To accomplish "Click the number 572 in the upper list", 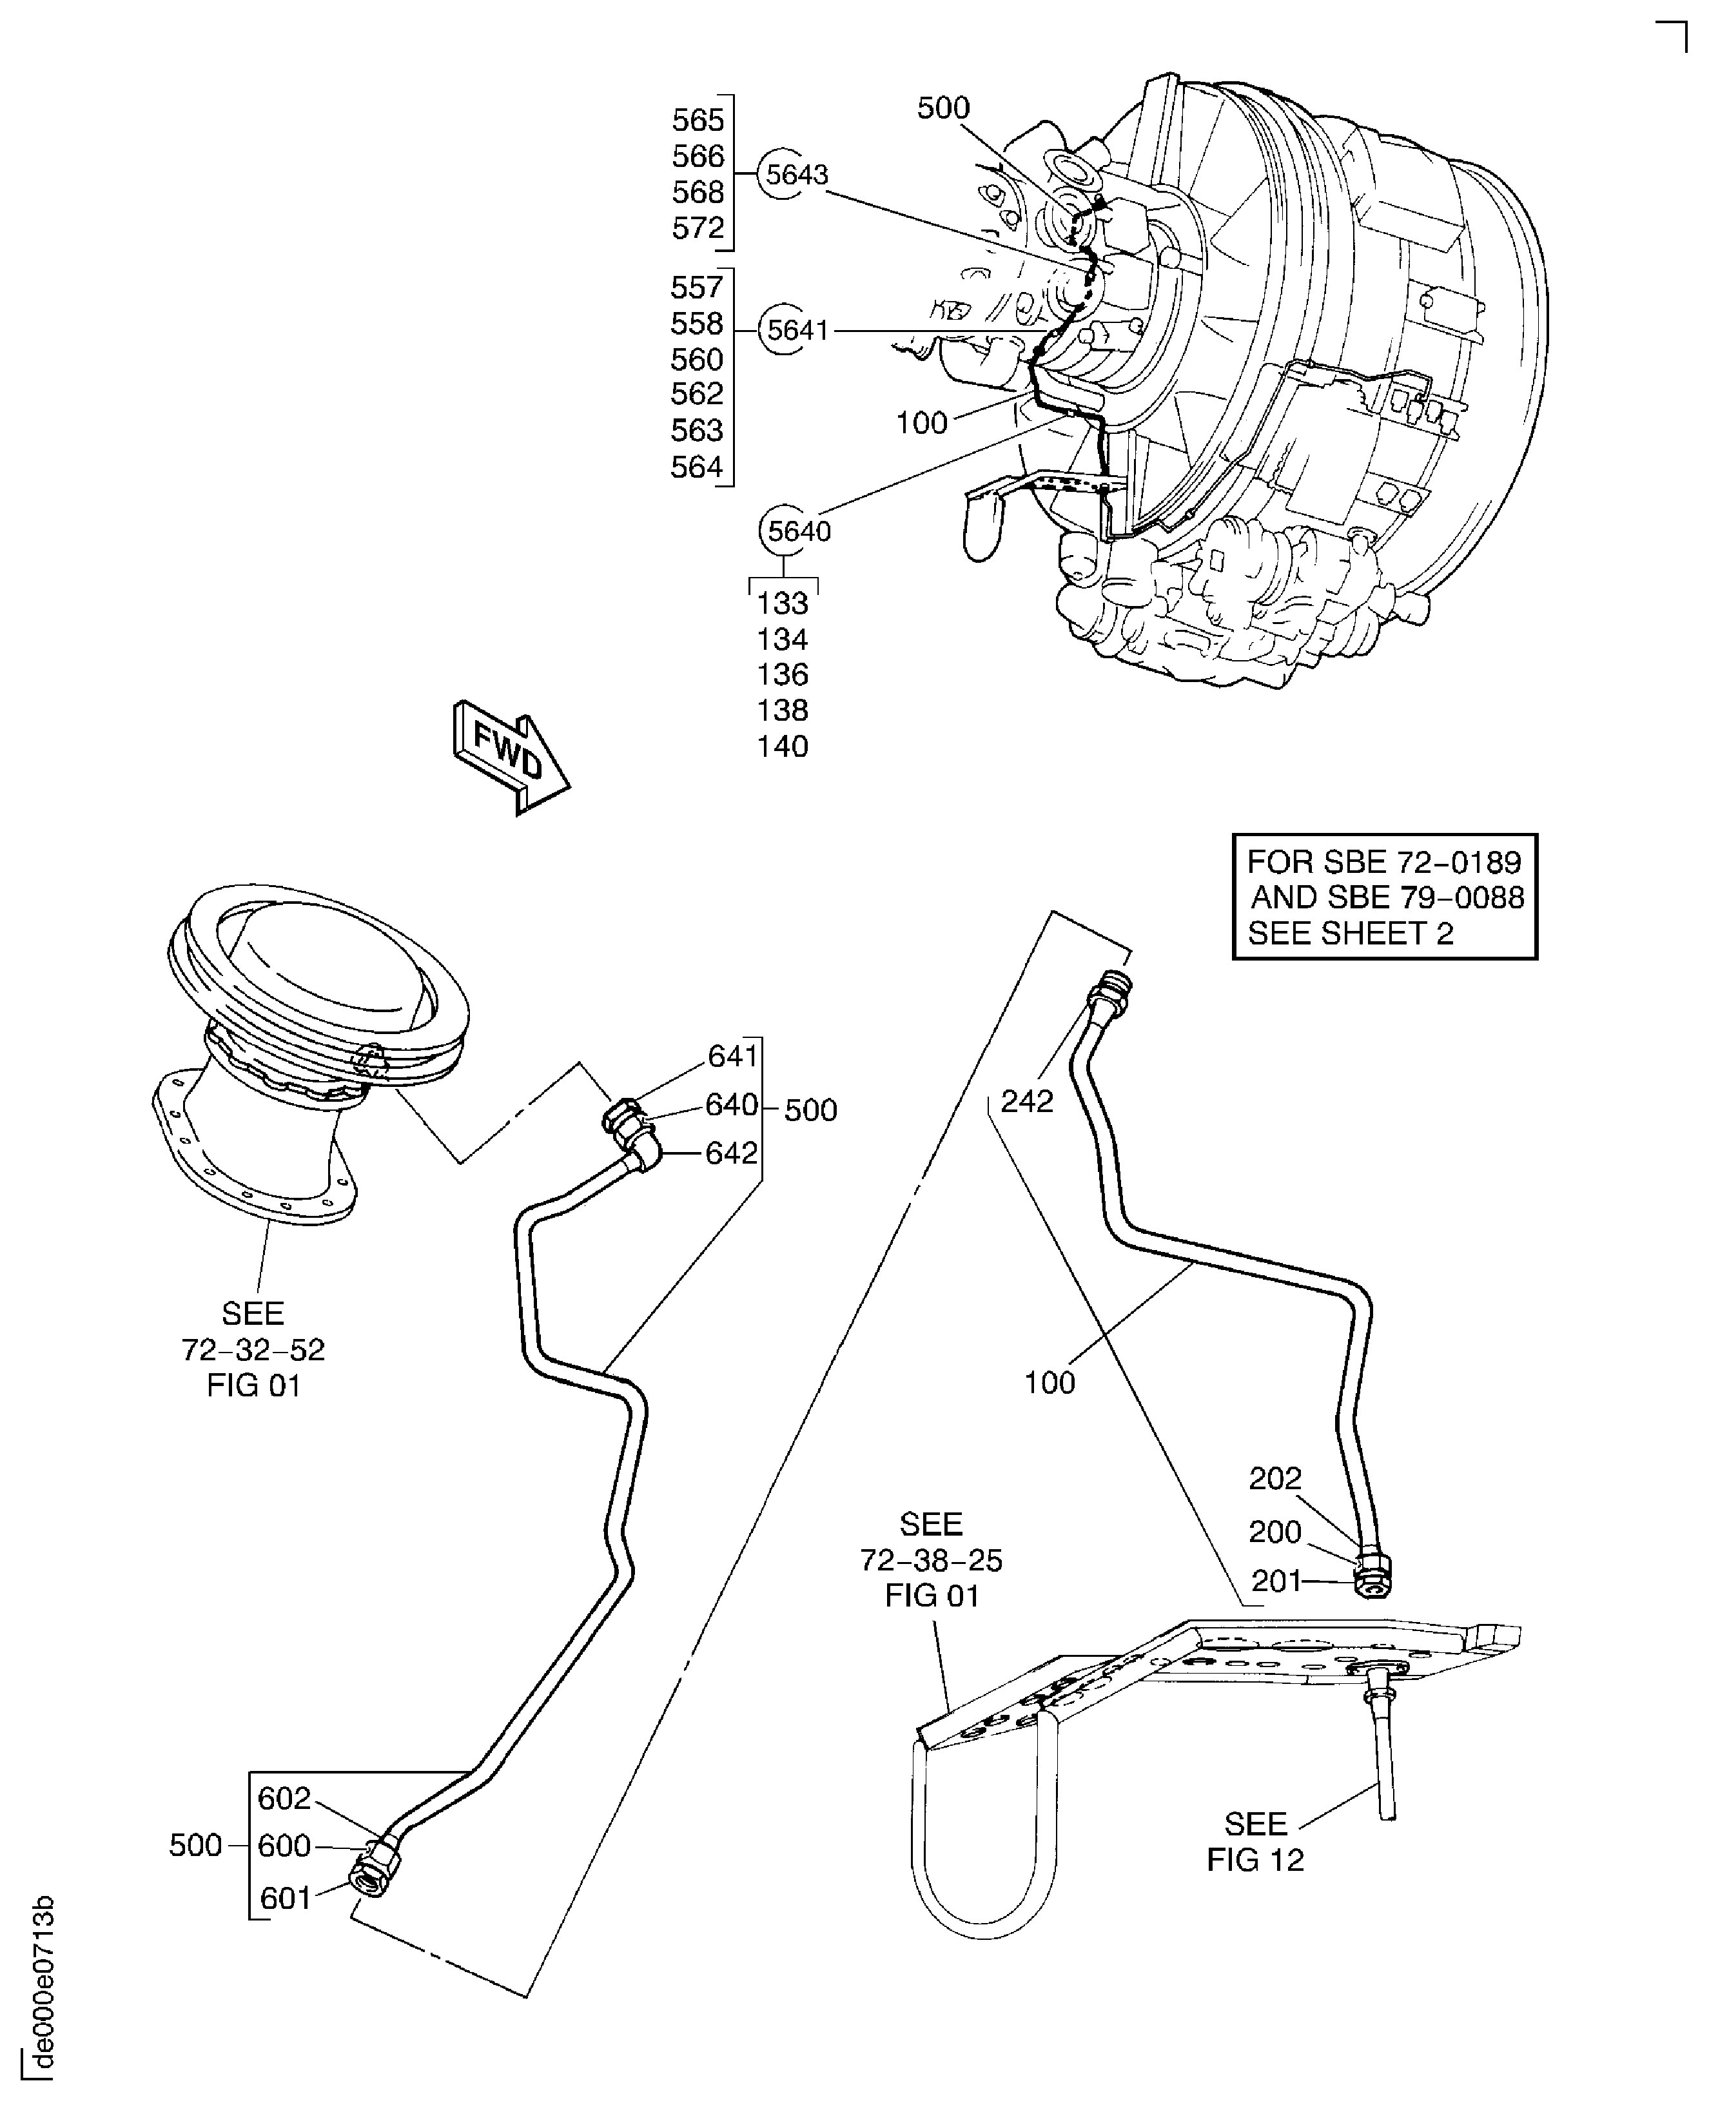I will coord(698,228).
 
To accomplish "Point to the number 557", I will coord(697,288).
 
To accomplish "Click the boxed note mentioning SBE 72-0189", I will coord(1384,897).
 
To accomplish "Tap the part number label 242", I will coord(1027,1100).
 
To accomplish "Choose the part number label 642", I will coord(732,1153).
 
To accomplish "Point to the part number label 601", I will coord(286,1897).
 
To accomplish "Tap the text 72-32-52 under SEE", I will coord(253,1350).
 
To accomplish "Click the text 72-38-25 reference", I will coord(932,1561).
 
